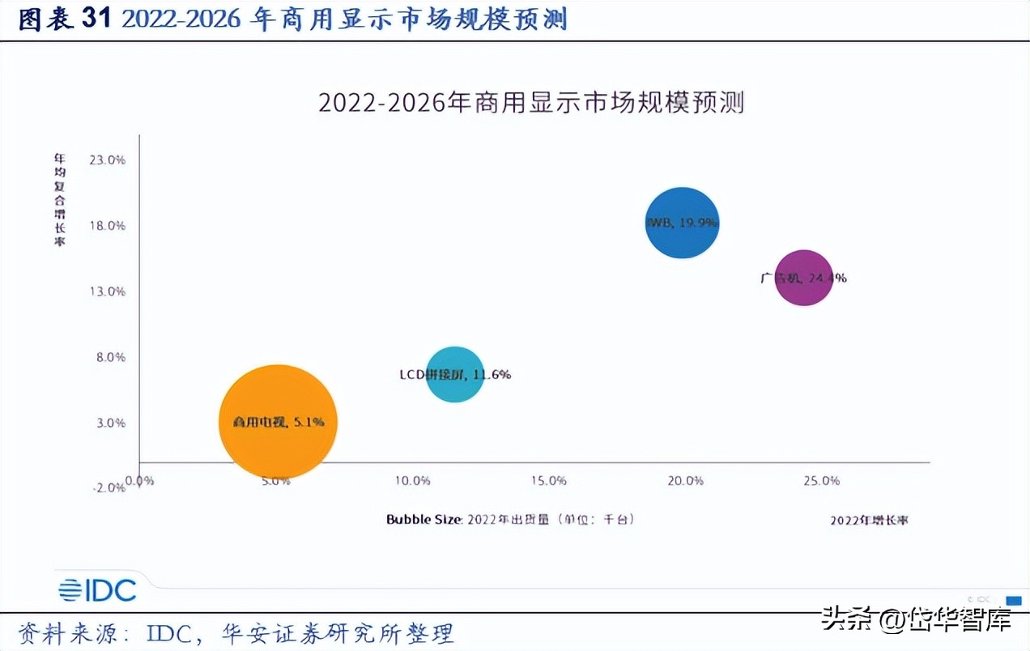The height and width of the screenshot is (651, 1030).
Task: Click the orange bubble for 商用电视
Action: tap(278, 421)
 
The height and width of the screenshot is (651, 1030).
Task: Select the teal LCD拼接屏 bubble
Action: tap(455, 374)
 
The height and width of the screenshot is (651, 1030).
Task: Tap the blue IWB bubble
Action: tap(682, 223)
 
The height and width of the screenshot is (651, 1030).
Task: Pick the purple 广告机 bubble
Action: tap(803, 278)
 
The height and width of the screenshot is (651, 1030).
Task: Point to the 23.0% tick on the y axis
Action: tap(107, 160)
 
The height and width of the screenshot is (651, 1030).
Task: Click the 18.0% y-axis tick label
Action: tap(107, 226)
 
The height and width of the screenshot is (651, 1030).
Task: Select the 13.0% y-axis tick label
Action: tap(107, 291)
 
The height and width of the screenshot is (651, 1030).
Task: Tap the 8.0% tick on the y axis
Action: tap(109, 357)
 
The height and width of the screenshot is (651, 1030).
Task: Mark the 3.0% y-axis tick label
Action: tap(109, 423)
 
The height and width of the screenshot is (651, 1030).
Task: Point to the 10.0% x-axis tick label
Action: tap(412, 481)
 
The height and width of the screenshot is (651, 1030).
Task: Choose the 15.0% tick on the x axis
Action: tap(548, 481)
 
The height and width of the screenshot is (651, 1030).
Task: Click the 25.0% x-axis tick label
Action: tap(821, 481)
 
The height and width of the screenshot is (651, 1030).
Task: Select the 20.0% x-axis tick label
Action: tap(685, 481)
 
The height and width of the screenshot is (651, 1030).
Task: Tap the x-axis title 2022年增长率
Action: tap(869, 520)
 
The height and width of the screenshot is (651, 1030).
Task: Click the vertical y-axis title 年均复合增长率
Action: tap(60, 200)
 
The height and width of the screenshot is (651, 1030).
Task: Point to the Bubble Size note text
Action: tap(510, 519)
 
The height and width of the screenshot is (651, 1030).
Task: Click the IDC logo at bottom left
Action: tap(97, 590)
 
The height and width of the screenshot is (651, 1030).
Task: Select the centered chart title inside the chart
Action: tap(530, 103)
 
